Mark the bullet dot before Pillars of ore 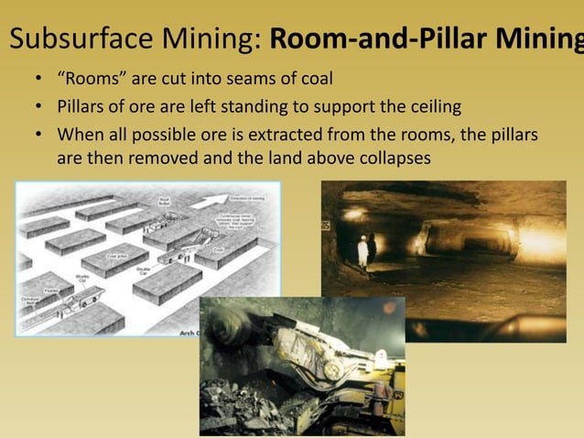coord(39,107)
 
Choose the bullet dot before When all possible coord(39,135)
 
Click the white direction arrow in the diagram coord(210,200)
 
